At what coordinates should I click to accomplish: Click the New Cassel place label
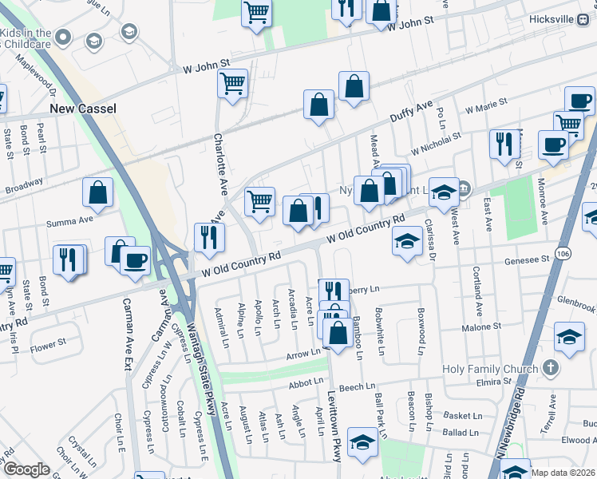[83, 109]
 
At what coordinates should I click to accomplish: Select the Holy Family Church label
[489, 369]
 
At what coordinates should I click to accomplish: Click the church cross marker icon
[549, 368]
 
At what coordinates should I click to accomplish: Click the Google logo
[26, 469]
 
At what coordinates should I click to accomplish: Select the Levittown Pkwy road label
[336, 423]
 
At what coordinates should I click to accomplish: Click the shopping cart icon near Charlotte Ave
[232, 83]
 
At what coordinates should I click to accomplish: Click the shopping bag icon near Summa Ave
[97, 192]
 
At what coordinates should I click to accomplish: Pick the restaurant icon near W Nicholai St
[503, 144]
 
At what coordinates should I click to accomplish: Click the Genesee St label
[527, 259]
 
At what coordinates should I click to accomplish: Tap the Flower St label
[47, 346]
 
